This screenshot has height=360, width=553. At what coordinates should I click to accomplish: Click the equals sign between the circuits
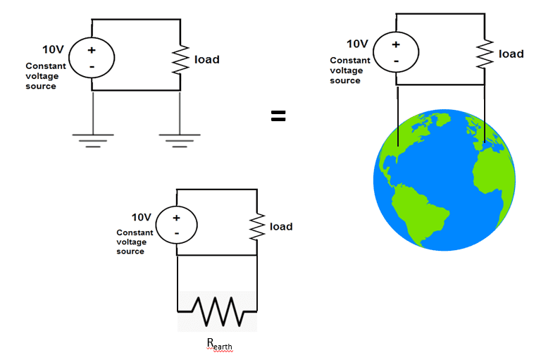point(278,117)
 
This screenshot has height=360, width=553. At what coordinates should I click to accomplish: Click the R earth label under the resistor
point(219,345)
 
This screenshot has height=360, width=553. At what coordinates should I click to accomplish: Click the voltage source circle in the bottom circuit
point(176,225)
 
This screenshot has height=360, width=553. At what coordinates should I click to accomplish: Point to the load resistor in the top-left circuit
point(181,59)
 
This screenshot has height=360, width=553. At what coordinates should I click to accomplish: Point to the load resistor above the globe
point(485,54)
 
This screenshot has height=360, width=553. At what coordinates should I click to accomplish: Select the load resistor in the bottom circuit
point(256,226)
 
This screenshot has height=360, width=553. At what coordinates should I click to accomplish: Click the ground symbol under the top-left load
point(180,139)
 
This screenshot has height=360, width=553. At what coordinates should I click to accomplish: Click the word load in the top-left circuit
point(207,59)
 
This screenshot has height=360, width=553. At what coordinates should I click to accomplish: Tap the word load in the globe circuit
point(511,54)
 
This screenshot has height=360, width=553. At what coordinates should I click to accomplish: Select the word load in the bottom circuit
point(281,226)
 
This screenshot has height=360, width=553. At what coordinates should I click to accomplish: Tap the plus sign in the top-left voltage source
point(92,50)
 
